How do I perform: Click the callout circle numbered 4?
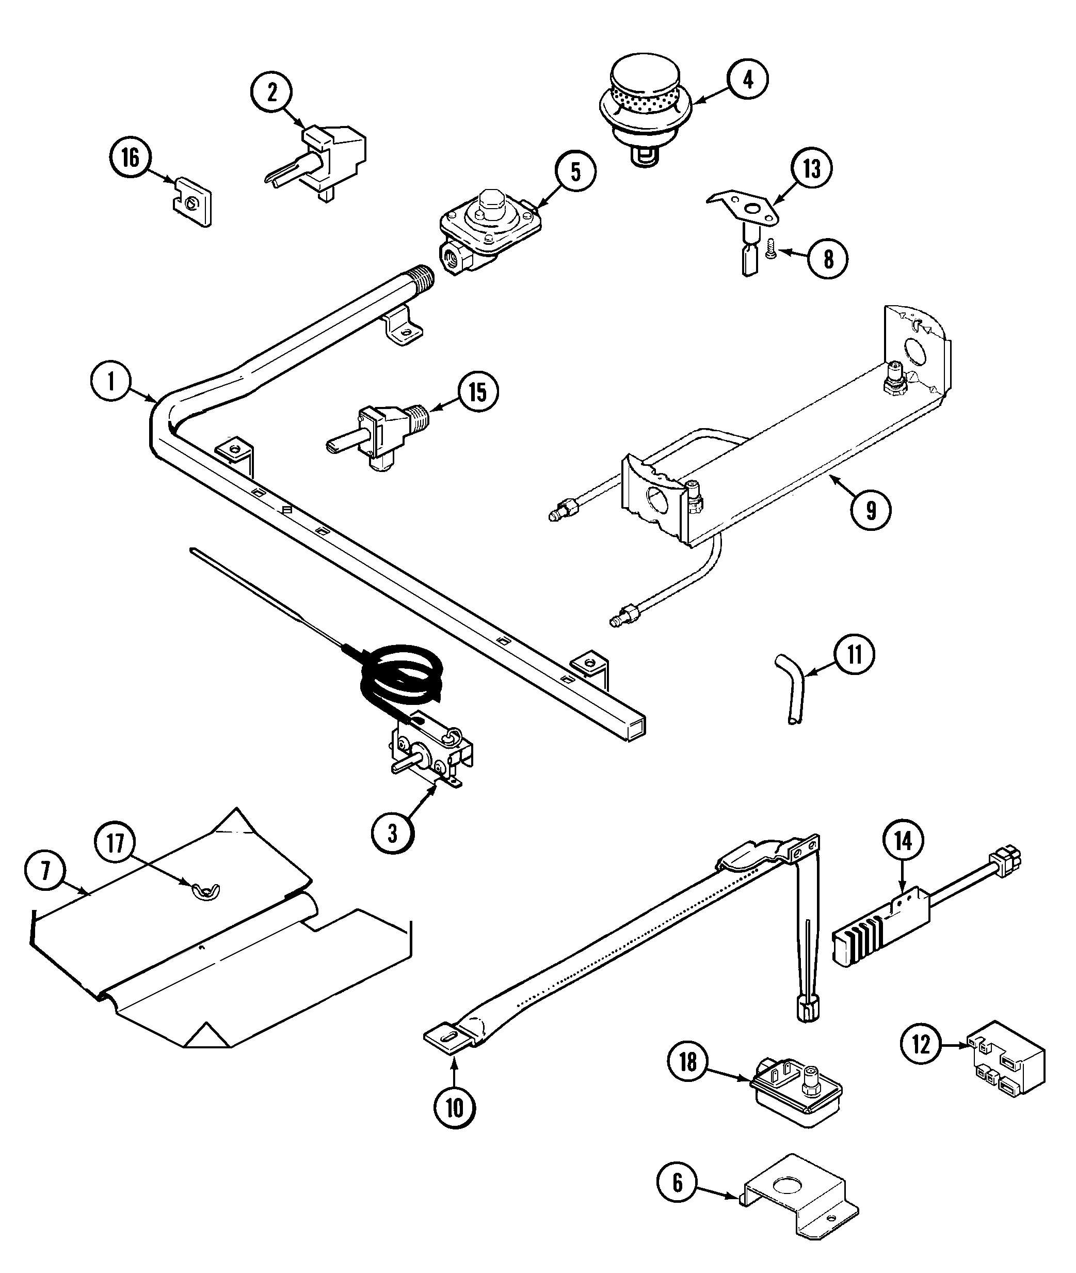[748, 80]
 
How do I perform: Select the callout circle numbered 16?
[131, 158]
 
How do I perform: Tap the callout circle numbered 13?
[812, 168]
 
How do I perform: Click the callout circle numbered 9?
[871, 510]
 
